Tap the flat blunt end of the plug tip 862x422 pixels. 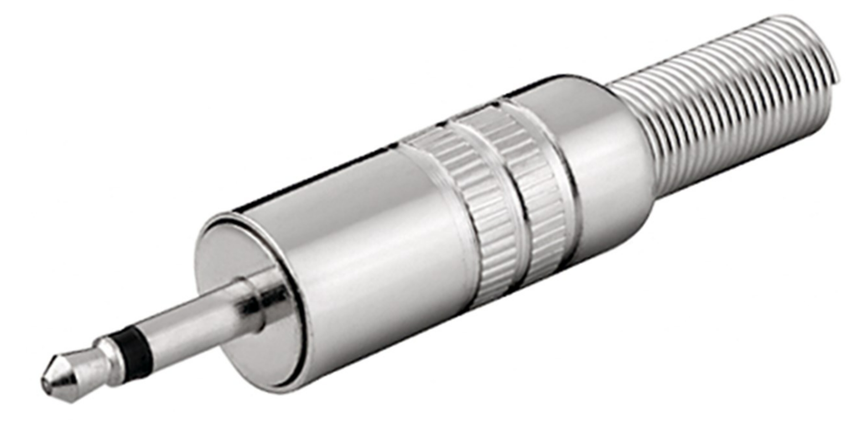click(45, 385)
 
